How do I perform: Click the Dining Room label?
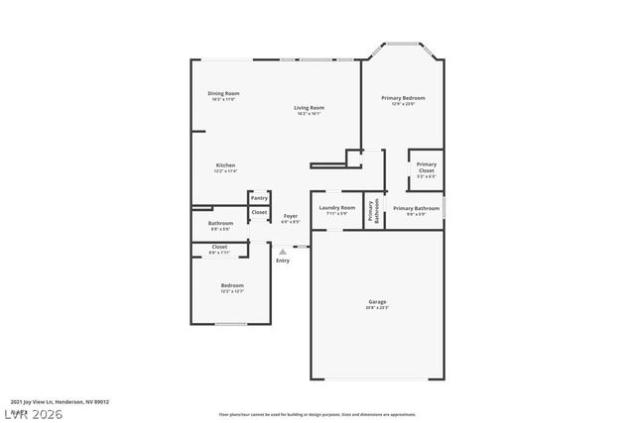(x=224, y=94)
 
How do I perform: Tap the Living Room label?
(x=309, y=108)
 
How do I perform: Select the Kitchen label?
(x=225, y=165)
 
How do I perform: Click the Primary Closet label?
(x=426, y=166)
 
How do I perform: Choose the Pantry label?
(x=258, y=198)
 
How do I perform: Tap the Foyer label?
(x=291, y=216)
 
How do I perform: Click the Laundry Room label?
(x=337, y=208)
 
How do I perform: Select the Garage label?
(x=377, y=302)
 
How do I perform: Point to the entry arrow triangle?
(x=282, y=252)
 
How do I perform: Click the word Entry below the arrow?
(x=283, y=261)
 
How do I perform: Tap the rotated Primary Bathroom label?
(x=373, y=211)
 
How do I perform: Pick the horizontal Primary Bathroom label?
(x=416, y=208)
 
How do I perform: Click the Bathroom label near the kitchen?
(x=220, y=224)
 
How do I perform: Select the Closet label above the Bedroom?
(x=219, y=247)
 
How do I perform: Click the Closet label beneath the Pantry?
(x=258, y=212)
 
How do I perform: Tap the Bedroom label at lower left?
(x=232, y=286)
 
